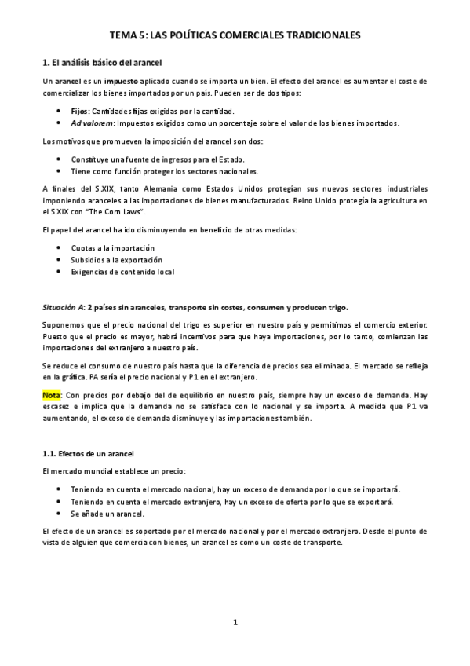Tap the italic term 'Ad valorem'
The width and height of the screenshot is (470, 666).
click(92, 123)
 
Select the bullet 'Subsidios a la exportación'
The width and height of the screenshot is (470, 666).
click(116, 259)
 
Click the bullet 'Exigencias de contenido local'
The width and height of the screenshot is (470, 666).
click(122, 272)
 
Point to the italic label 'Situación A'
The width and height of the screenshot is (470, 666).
click(62, 306)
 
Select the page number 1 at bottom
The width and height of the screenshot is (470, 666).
click(235, 623)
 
